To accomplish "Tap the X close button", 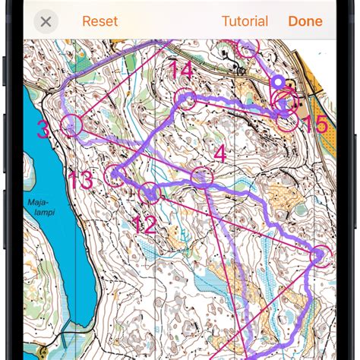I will tap(46, 21).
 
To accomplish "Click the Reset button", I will tap(99, 21).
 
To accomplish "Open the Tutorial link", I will tap(245, 21).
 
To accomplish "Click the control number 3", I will tap(43, 130).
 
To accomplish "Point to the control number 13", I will tap(81, 181).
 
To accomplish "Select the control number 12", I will tap(143, 224).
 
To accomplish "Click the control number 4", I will tap(219, 153).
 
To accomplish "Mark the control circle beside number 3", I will tap(71, 125).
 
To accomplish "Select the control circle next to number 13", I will tap(115, 175).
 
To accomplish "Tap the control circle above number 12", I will tap(150, 193).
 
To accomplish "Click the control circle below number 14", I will tap(185, 99).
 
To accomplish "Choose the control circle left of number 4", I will tap(201, 176).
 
